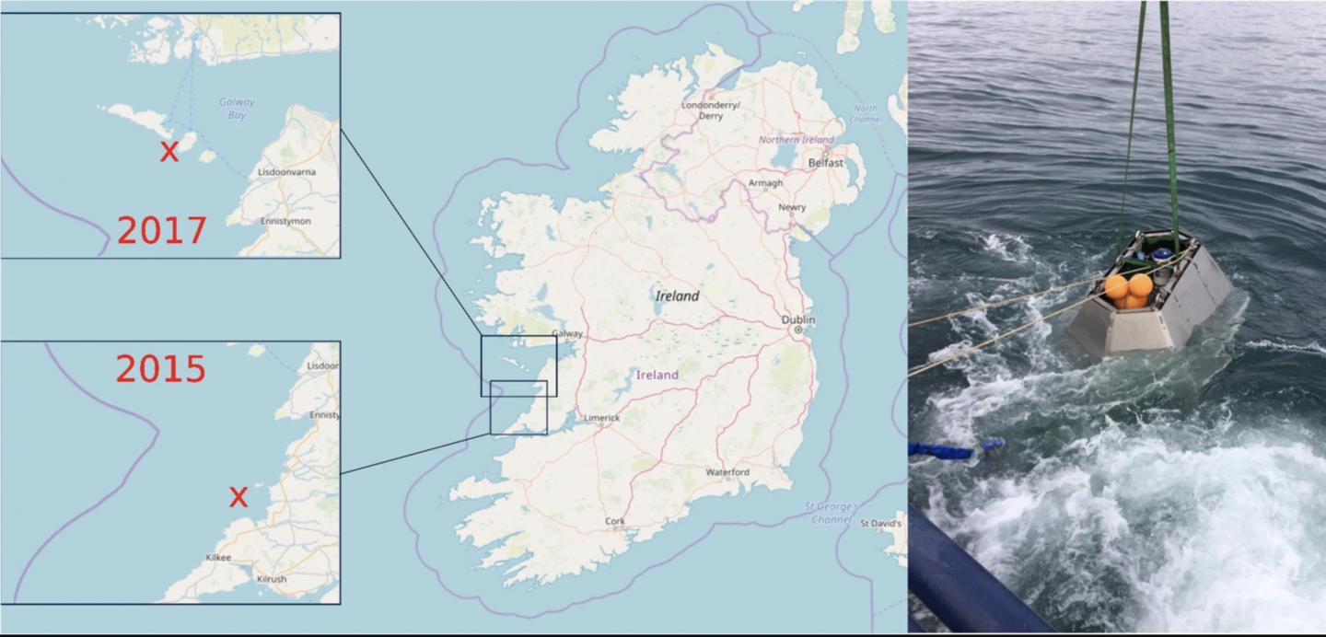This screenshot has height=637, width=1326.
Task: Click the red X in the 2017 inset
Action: [x=169, y=152]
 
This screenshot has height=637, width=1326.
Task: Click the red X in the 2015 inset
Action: [x=238, y=497]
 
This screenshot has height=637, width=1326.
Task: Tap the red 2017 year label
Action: [x=161, y=229]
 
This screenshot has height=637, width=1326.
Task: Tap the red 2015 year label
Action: [x=161, y=368]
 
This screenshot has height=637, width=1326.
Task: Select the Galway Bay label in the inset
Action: [x=237, y=109]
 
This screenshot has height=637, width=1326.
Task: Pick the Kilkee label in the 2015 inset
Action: [x=219, y=558]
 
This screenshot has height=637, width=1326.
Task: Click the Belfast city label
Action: [x=825, y=162]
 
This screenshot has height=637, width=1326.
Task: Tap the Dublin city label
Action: [x=798, y=319]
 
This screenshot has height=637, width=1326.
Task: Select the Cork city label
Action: [x=615, y=521]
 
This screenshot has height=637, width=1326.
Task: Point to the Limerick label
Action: [x=601, y=418]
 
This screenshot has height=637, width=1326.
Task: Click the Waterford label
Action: [x=727, y=472]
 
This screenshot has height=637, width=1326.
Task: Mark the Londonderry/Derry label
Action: [x=710, y=110]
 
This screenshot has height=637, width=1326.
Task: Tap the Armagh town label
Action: [x=765, y=183]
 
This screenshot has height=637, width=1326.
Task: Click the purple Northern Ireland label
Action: [x=796, y=140]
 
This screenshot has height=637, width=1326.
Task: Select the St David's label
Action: [x=880, y=523]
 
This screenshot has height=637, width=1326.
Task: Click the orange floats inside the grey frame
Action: [x=1129, y=289]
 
